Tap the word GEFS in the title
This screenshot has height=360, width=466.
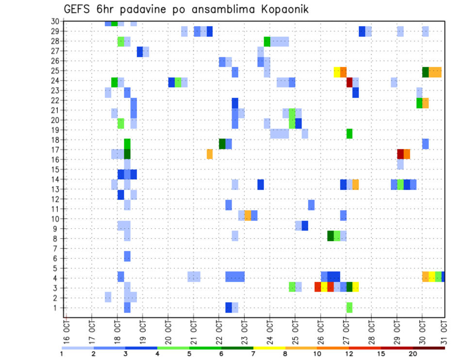click(79, 9)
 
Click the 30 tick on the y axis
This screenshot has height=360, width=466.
click(55, 21)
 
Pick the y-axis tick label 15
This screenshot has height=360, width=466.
click(55, 169)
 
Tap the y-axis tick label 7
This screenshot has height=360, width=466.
click(57, 248)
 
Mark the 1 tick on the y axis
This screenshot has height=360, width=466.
click(57, 308)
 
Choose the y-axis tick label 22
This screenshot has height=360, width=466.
click(55, 100)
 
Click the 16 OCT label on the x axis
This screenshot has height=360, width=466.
click(67, 330)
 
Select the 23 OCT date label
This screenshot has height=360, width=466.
click(244, 330)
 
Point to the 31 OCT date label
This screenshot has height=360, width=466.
click(445, 330)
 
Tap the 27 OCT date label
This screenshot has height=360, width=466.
click(346, 330)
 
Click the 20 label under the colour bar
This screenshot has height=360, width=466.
click(413, 354)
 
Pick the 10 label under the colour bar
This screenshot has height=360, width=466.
click(317, 354)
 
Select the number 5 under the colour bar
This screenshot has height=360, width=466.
click(189, 354)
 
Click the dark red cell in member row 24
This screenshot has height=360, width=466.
click(349, 82)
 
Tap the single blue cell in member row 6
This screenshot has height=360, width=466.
click(127, 256)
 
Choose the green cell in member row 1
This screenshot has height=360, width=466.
click(349, 308)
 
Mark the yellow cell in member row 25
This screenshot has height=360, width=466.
click(336, 72)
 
